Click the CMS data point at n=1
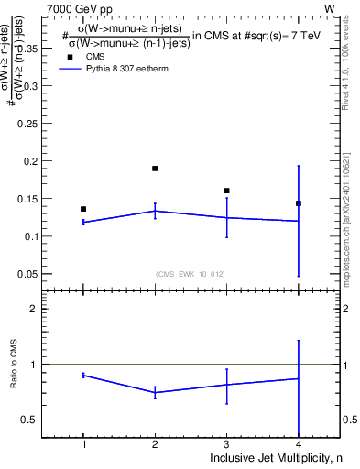click(83, 209)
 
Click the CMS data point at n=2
click(155, 169)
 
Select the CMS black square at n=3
click(226, 191)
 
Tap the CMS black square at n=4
click(299, 203)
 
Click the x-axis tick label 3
click(226, 444)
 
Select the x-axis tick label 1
click(83, 444)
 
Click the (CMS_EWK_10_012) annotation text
click(191, 273)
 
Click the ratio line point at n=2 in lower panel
click(155, 392)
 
